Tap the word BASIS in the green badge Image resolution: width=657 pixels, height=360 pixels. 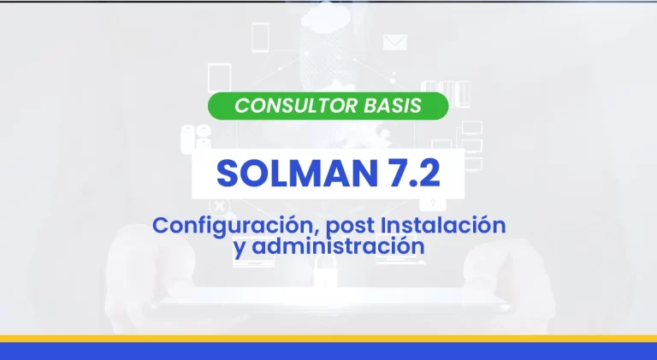[392, 105]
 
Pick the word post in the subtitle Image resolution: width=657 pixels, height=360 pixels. [350, 227]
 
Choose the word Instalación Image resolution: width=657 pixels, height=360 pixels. [443, 225]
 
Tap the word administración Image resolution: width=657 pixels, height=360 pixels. [338, 245]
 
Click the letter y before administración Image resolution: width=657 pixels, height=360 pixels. [240, 249]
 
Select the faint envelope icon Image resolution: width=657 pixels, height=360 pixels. [394, 42]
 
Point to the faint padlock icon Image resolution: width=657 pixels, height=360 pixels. [325, 271]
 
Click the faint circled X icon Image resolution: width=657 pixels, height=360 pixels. [219, 206]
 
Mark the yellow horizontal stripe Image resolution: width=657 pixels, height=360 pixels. [328, 339]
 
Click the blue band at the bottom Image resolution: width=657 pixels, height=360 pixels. [328, 351]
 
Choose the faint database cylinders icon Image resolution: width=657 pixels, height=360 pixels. [196, 138]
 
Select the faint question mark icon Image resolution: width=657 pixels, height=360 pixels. [433, 204]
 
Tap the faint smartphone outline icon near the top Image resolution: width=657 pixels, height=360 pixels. [260, 38]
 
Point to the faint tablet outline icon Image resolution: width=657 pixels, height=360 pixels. [219, 79]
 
